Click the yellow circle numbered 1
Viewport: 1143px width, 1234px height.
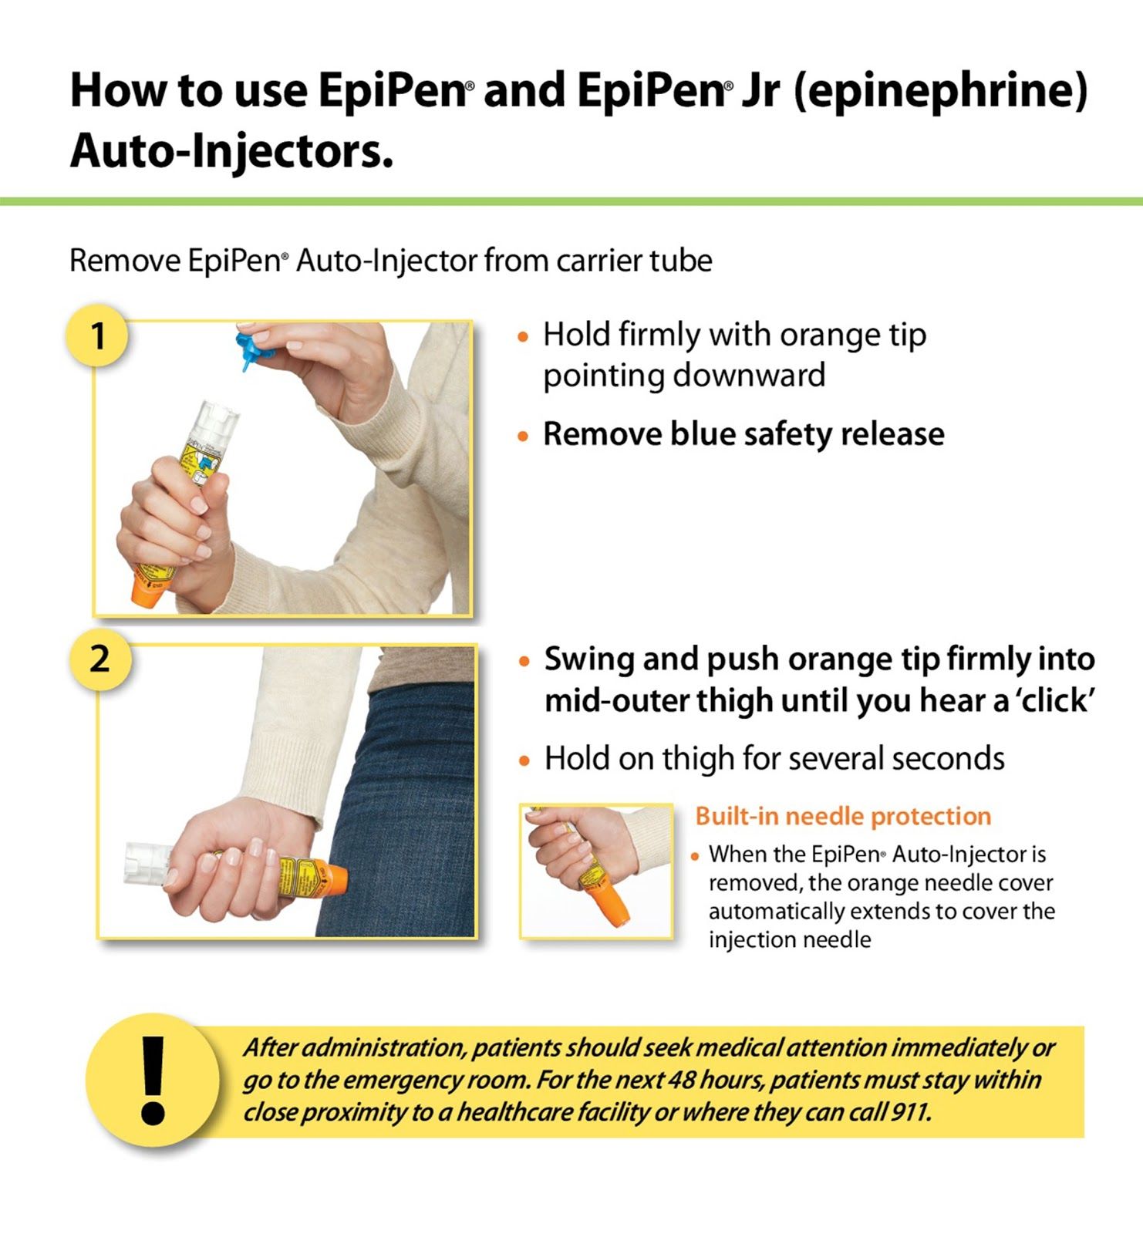click(x=97, y=336)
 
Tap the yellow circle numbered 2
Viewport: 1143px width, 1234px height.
click(x=99, y=660)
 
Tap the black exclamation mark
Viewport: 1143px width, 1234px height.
click(x=153, y=1078)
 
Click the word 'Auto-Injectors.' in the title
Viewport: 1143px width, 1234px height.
click(x=231, y=150)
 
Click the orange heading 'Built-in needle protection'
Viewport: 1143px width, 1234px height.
click(x=843, y=816)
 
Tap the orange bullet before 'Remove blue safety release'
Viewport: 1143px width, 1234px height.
click(x=524, y=437)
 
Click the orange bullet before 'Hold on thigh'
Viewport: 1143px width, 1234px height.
click(x=524, y=761)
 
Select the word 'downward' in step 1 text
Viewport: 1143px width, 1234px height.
click(x=749, y=376)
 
